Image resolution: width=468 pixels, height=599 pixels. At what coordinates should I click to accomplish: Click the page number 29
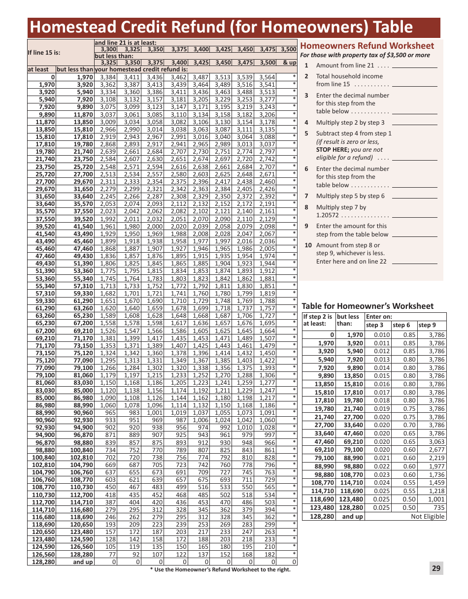(436, 568)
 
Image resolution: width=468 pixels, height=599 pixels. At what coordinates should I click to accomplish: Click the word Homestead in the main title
(66, 28)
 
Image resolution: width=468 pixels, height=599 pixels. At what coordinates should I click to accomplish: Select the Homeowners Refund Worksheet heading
(367, 46)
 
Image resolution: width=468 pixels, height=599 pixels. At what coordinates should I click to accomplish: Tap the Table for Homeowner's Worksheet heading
(368, 306)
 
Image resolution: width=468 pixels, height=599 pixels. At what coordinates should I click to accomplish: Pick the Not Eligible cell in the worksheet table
(428, 516)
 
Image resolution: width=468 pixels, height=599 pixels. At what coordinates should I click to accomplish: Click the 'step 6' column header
(401, 325)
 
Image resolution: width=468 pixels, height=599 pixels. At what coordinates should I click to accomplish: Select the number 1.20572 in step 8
(328, 216)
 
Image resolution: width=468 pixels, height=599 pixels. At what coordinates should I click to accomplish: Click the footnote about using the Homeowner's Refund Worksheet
(220, 569)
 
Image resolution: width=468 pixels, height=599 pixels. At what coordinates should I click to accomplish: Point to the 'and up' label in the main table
(83, 562)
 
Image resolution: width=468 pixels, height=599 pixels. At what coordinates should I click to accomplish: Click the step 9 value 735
(439, 508)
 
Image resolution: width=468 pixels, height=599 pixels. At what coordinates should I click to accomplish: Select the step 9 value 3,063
(436, 442)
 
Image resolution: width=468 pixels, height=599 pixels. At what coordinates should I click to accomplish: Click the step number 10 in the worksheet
(308, 245)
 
